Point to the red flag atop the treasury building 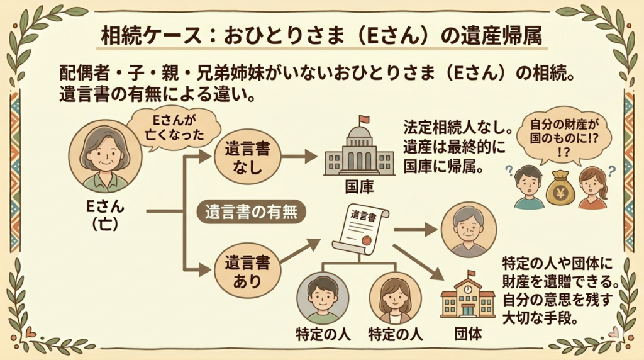click(x=364, y=120)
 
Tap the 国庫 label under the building click(x=358, y=188)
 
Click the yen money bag click(x=560, y=187)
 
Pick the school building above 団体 click(x=467, y=295)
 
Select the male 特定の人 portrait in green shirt click(x=323, y=298)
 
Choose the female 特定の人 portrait click(x=394, y=298)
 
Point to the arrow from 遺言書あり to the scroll click(x=301, y=251)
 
